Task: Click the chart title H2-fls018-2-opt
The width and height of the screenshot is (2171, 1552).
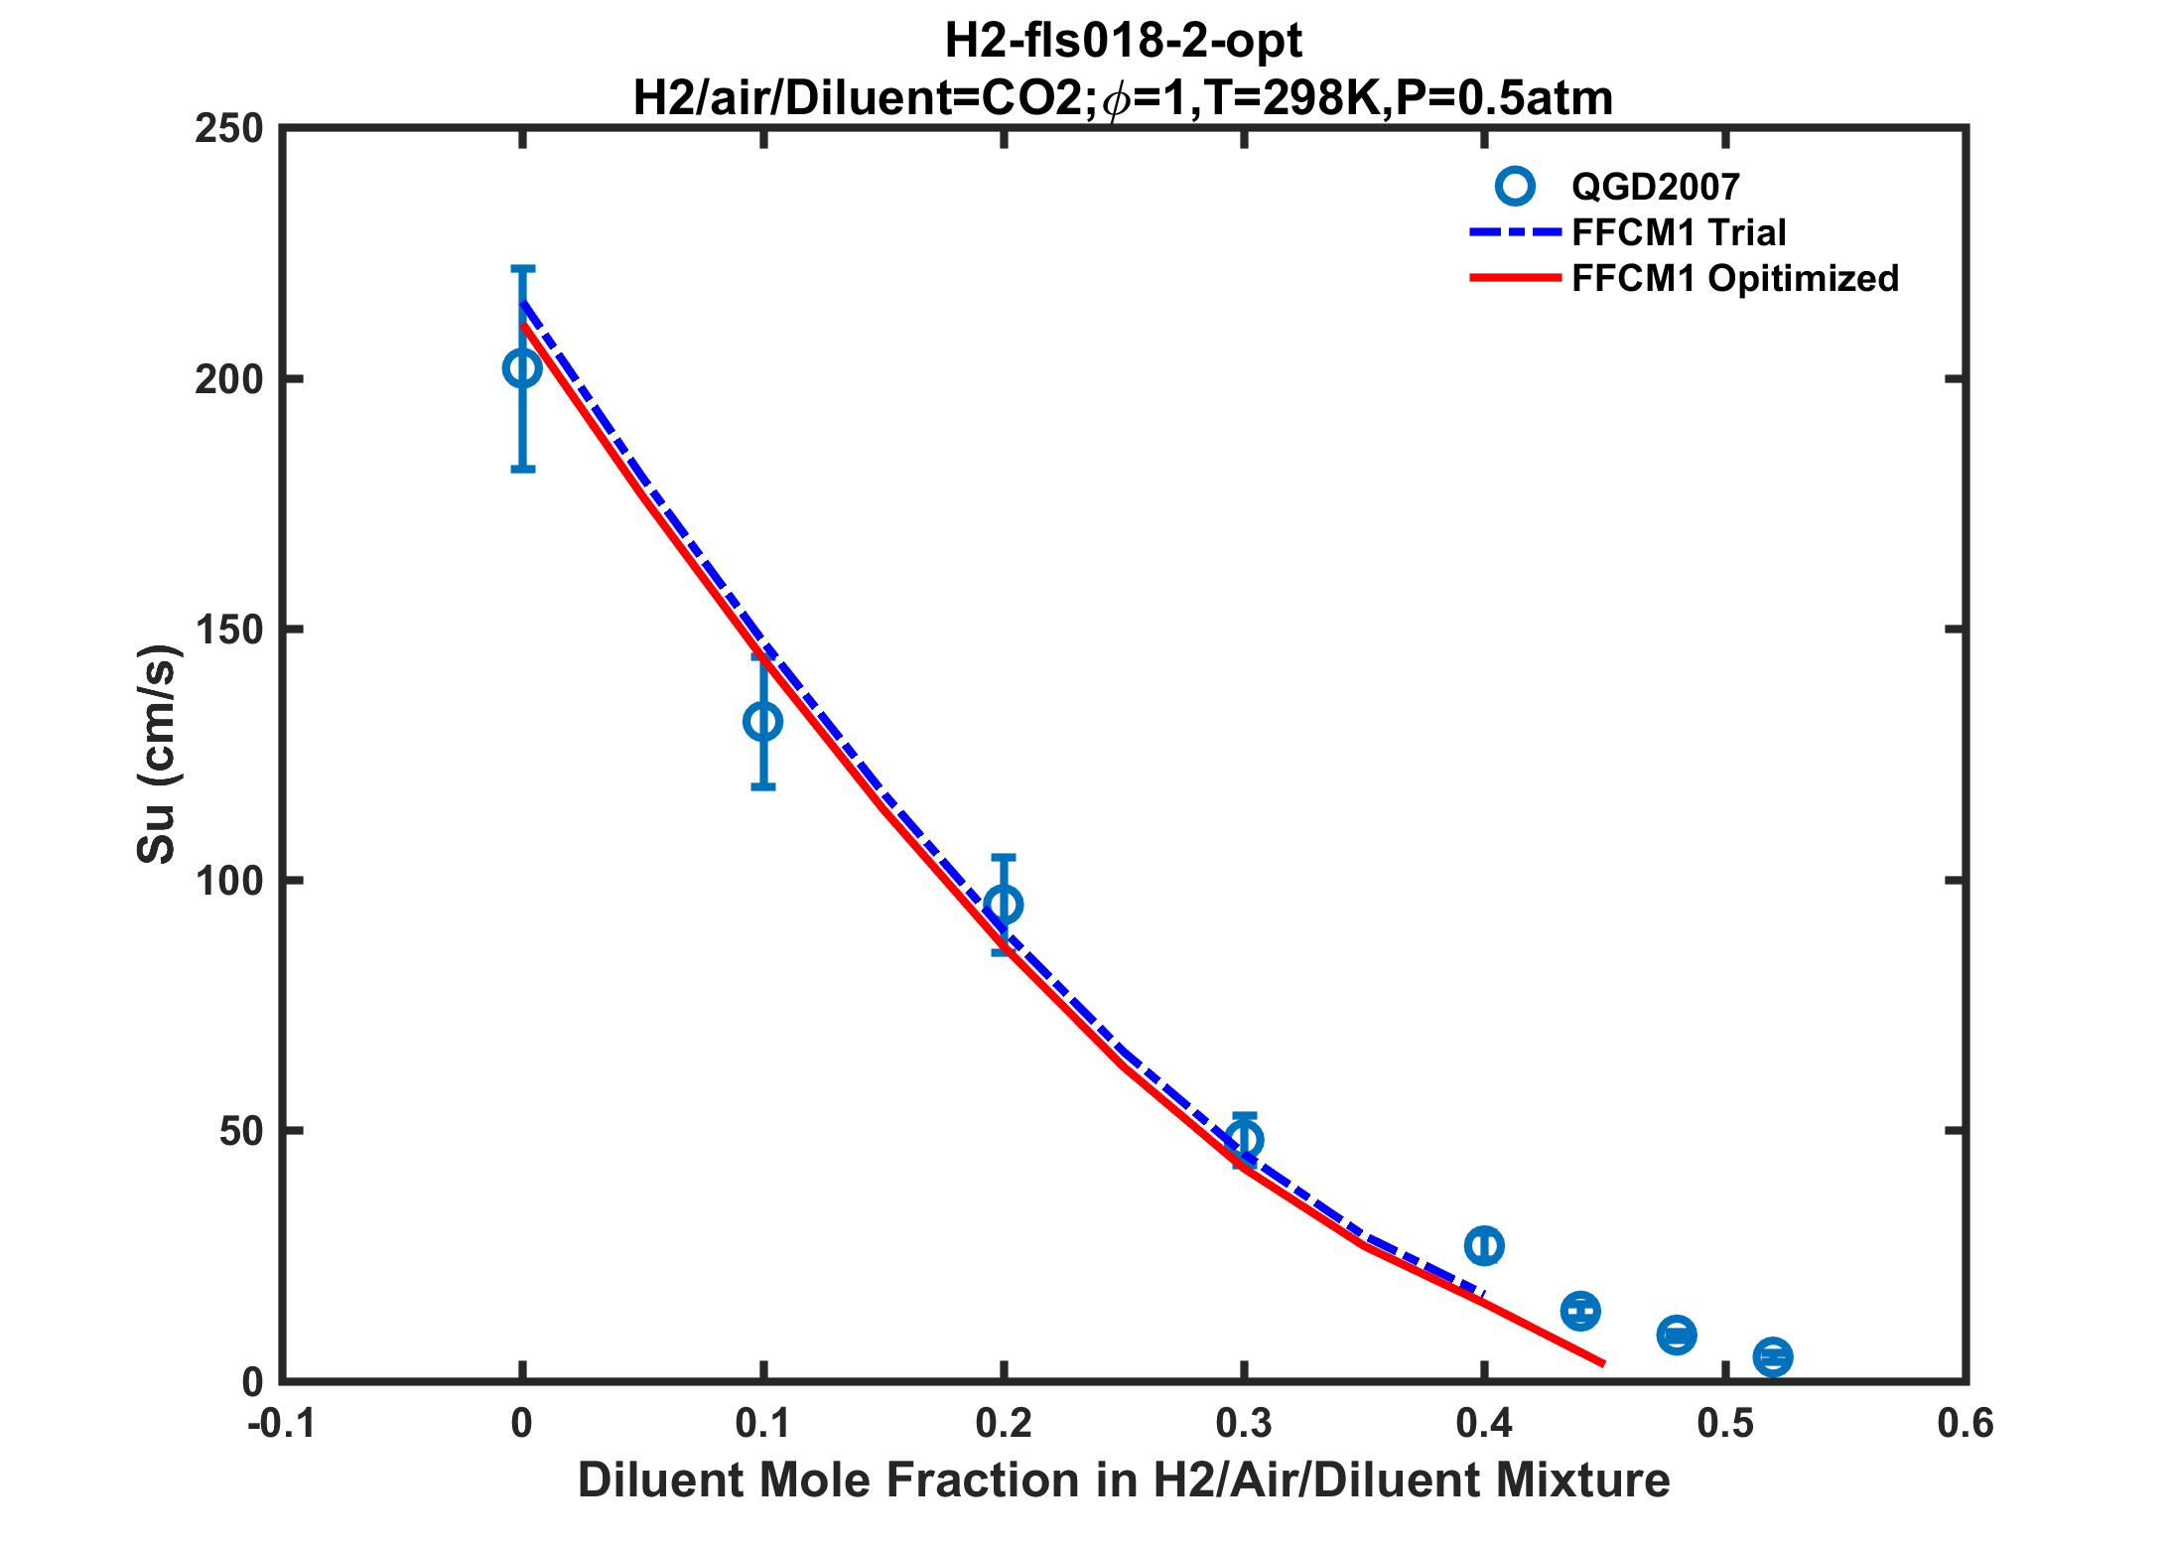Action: tap(1123, 42)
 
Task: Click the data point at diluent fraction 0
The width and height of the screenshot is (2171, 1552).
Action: tap(522, 368)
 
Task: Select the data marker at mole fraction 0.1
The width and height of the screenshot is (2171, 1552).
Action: tap(762, 722)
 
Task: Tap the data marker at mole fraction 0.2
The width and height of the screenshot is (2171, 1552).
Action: tap(1004, 905)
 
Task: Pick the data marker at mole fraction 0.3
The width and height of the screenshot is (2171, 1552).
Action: tap(1244, 1140)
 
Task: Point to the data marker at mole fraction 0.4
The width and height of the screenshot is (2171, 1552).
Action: tap(1484, 1245)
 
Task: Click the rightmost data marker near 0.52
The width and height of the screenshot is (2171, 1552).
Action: tap(1773, 1356)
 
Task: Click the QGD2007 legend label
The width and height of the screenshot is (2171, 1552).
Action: tap(1655, 187)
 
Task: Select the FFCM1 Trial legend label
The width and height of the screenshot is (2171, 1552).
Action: tap(1679, 232)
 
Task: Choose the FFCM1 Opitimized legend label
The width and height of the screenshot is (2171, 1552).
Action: tap(1735, 279)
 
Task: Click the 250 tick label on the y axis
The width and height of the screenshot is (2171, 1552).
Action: tap(229, 129)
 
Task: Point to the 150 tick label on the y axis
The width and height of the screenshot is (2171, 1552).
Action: tap(229, 630)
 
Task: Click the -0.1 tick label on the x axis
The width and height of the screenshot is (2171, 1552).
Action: tap(281, 1424)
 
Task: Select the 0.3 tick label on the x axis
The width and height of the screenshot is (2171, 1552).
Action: tap(1244, 1424)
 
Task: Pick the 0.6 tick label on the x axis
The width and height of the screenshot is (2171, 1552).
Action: tap(1966, 1424)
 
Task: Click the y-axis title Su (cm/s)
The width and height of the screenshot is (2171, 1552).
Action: tap(157, 755)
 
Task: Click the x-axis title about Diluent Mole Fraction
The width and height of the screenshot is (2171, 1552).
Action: tap(1124, 1481)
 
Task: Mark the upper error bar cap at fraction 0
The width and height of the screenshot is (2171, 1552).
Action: tap(522, 268)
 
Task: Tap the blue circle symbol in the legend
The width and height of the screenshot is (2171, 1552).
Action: tap(1515, 187)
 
